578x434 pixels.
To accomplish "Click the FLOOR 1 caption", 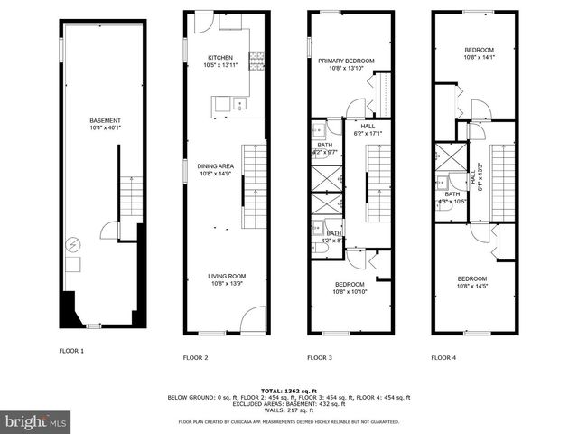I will coord(71,350).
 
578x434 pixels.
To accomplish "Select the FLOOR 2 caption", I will coord(196,358).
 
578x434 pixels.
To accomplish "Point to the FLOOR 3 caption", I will coord(320,358).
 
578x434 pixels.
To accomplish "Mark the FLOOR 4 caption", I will coord(443,358).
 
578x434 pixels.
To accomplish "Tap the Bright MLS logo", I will coord(36,421).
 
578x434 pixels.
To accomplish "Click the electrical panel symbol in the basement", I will coord(71,244).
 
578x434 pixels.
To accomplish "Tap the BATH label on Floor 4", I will coord(452,194).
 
